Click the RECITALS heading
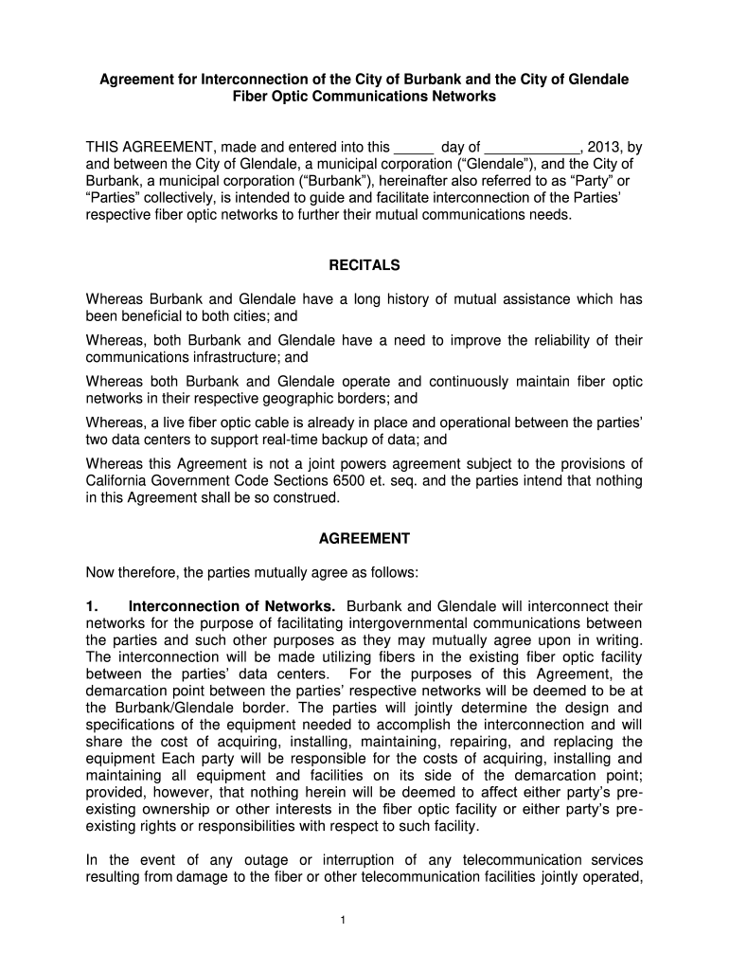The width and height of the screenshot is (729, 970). (364, 265)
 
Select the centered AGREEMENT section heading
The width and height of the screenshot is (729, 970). (364, 538)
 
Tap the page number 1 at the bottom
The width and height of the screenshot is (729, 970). (364, 925)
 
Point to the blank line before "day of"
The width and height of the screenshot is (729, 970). (413, 147)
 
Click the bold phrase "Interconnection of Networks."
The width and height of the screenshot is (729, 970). (232, 606)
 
